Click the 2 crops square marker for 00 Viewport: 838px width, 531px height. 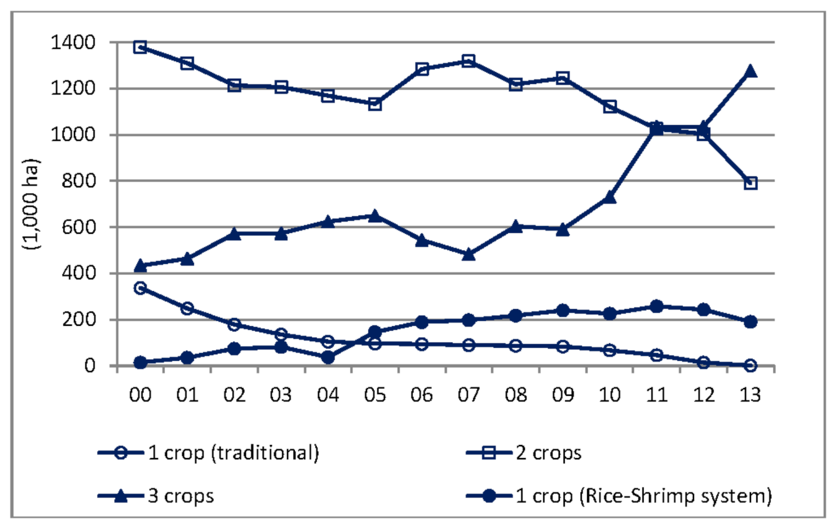140,47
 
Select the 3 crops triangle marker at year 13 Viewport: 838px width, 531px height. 750,71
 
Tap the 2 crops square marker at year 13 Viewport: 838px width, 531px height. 750,183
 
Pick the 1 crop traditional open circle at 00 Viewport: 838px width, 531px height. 140,288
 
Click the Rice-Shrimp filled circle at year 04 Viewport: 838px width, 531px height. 328,357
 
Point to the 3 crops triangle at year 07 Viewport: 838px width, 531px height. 468,255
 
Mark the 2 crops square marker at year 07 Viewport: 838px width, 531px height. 468,61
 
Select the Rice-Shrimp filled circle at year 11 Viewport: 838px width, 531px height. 657,307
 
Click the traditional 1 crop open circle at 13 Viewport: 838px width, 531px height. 750,365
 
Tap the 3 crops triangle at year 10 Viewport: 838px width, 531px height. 610,198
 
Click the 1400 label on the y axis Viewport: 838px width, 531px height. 73,42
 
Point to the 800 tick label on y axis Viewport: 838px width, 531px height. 78,181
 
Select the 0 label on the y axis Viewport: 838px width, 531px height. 89,366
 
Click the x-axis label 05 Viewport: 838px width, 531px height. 375,395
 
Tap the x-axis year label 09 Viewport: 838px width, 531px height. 563,395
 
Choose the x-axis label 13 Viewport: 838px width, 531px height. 750,395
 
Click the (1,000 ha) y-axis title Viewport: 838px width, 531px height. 31,204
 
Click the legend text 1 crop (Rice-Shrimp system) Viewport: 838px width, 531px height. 644,496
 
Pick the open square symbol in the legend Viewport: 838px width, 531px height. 489,453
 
